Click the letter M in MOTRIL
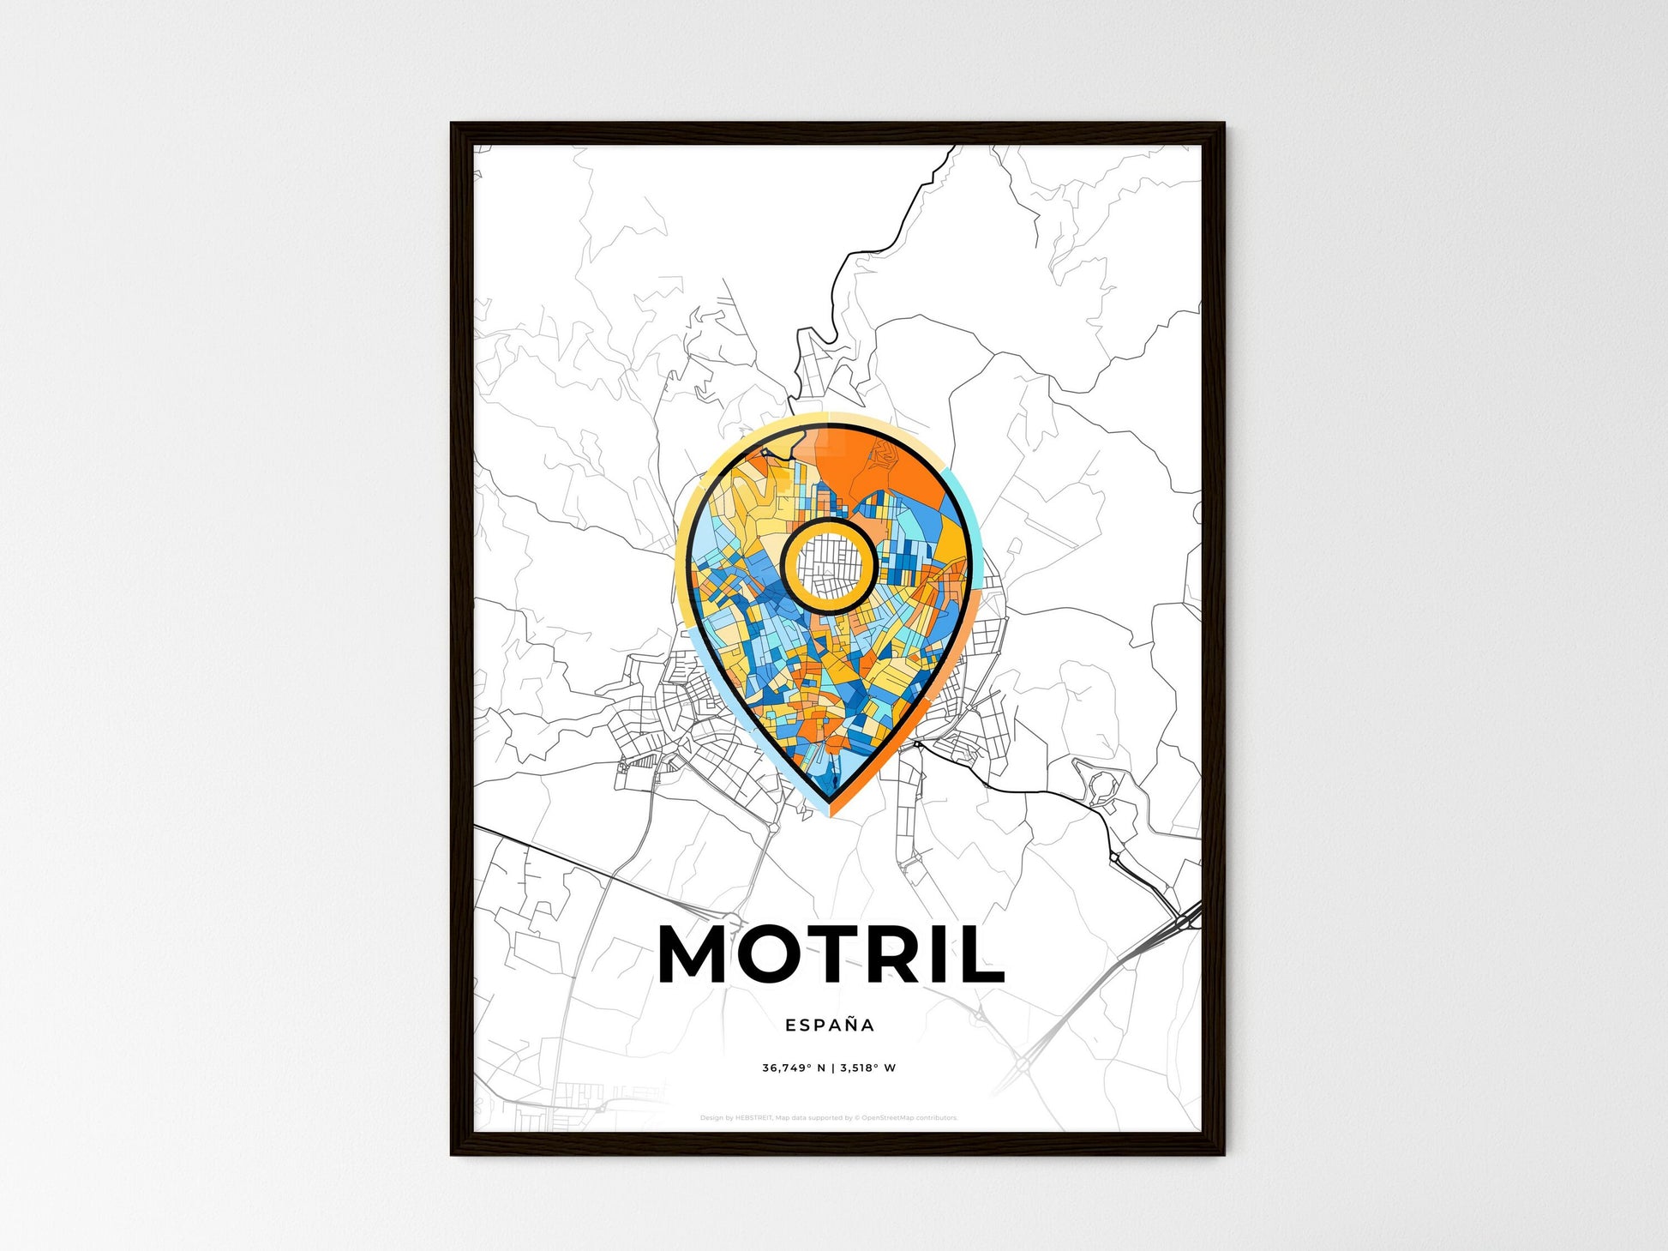(x=695, y=954)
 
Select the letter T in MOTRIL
(x=835, y=954)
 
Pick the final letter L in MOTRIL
(x=982, y=954)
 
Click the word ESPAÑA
(x=830, y=1025)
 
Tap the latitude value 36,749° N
(x=794, y=1068)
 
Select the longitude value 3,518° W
(x=867, y=1068)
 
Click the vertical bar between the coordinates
(x=832, y=1068)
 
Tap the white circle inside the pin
(x=829, y=565)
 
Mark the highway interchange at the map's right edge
(x=1182, y=922)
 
